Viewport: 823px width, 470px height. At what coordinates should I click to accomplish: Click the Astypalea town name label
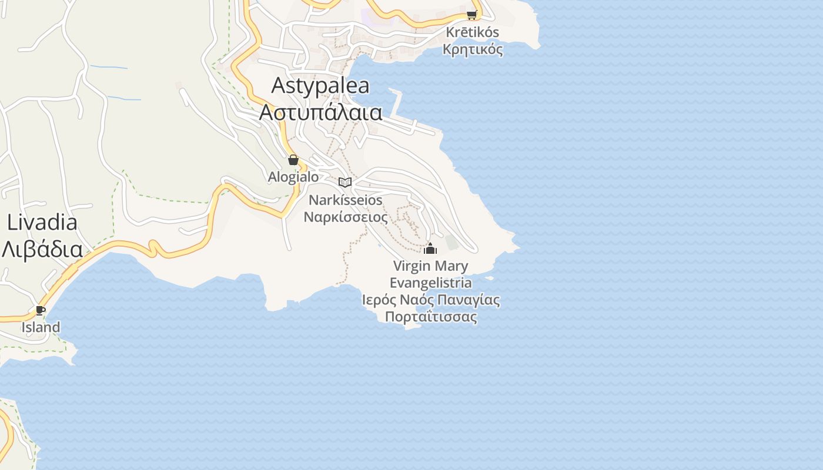tap(320, 86)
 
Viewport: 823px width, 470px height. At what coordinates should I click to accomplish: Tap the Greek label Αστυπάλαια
tap(320, 112)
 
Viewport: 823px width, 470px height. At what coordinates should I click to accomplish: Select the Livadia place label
tap(42, 222)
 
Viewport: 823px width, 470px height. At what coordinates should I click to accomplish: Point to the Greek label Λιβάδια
tap(42, 249)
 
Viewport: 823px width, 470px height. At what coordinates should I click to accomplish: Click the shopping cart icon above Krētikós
tap(471, 15)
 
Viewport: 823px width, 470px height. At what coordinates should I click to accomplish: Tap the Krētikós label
tap(473, 32)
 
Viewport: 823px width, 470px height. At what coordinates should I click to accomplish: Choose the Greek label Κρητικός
tap(473, 49)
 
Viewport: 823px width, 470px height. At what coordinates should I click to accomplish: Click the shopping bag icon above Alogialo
tap(293, 160)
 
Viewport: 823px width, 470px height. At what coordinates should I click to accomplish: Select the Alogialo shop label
tap(293, 177)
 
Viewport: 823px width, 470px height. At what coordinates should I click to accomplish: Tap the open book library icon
tap(345, 182)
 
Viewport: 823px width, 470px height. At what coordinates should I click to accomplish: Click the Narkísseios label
tap(346, 200)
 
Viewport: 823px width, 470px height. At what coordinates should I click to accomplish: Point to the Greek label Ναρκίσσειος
tap(346, 217)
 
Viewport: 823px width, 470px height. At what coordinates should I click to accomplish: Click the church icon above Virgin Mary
tap(430, 249)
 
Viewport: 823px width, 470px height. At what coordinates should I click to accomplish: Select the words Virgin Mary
tap(431, 266)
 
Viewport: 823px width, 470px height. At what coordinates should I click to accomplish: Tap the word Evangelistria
tap(431, 283)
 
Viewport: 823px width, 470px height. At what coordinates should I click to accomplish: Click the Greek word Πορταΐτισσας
tap(431, 317)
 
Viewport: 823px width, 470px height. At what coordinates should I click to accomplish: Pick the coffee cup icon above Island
tap(41, 310)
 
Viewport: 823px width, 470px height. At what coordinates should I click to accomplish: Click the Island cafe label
tap(41, 327)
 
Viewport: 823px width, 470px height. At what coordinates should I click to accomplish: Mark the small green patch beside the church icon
tap(451, 241)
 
